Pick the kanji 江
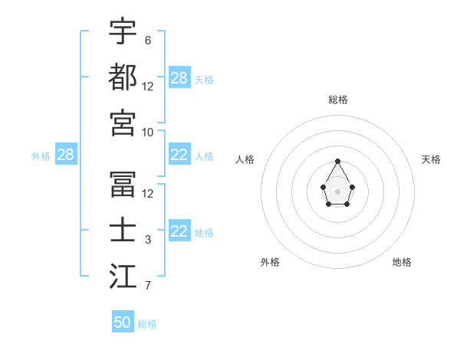[123, 277]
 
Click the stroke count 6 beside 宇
[148, 40]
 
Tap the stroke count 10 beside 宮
[148, 132]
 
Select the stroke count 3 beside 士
[148, 240]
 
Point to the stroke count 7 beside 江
[148, 286]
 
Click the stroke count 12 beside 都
[148, 86]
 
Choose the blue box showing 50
[123, 322]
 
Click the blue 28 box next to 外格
[65, 155]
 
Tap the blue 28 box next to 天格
[179, 78]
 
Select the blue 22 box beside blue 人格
[179, 155]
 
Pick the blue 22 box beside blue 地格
[179, 232]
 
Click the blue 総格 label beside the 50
[147, 324]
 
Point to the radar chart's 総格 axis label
[337, 100]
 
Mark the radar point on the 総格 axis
[337, 161]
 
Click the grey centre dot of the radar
[337, 191]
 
